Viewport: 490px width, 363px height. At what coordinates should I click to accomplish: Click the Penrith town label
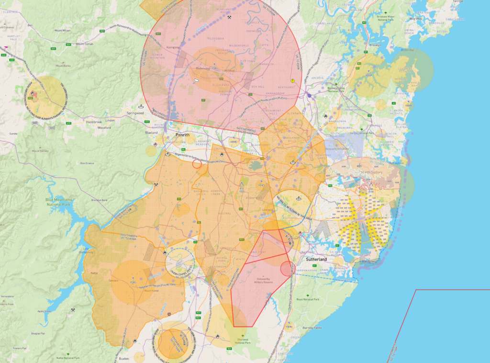[x=182, y=135]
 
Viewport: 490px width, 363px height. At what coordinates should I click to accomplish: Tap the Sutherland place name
[x=316, y=259]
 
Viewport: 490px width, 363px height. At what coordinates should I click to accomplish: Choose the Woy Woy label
[x=415, y=19]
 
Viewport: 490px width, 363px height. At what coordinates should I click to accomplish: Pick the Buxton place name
[x=125, y=358]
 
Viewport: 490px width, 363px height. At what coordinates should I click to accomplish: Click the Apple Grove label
[x=44, y=311]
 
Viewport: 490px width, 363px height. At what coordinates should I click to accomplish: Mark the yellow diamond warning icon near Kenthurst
[x=292, y=81]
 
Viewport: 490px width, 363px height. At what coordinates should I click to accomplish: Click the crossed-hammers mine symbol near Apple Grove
[x=73, y=310]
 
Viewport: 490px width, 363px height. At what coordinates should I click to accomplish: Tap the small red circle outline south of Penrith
[x=197, y=164]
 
